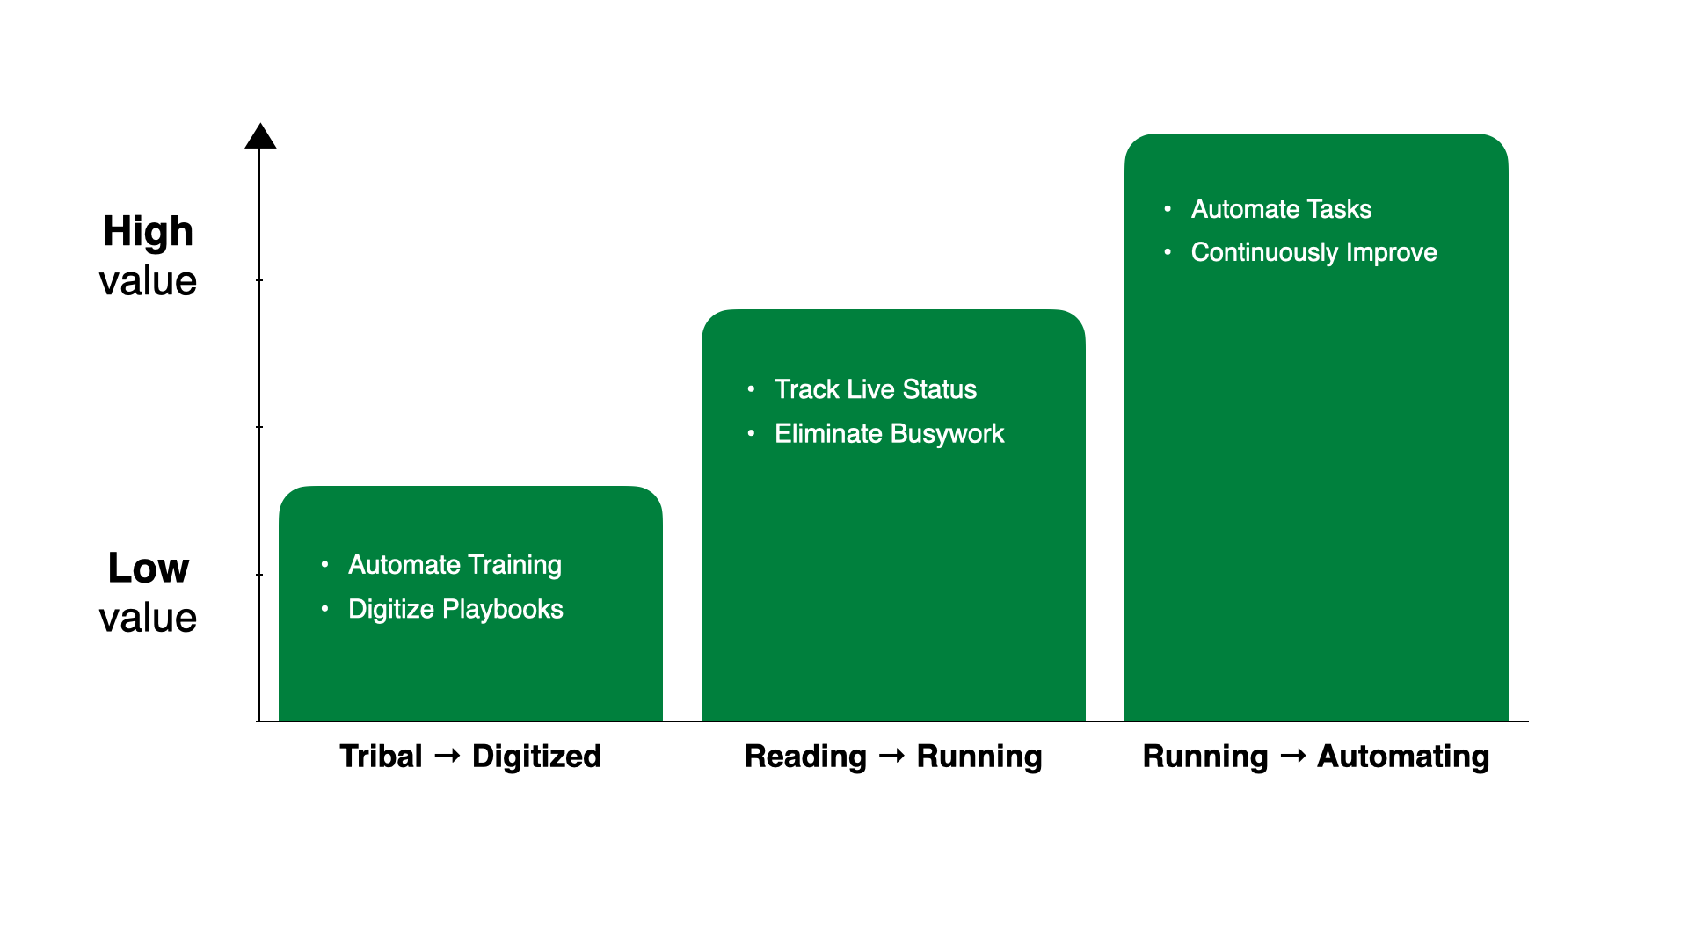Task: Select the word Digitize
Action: [x=391, y=610]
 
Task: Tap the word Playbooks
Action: [x=503, y=610]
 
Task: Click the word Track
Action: [x=806, y=389]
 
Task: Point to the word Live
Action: [x=870, y=389]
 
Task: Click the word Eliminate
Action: [x=828, y=434]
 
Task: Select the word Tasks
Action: [x=1339, y=209]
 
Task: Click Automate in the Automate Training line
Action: [x=404, y=565]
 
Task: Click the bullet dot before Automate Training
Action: [x=325, y=564]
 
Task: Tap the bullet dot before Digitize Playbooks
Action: [x=325, y=608]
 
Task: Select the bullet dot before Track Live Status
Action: [x=751, y=388]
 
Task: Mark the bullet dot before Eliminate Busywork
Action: [x=751, y=433]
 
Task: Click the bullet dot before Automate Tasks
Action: [x=1168, y=208]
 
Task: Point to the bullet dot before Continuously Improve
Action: [x=1168, y=252]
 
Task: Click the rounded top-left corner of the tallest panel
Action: [x=1134, y=143]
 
